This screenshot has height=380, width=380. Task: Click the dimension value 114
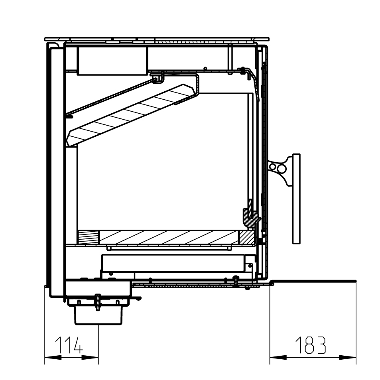[69, 345]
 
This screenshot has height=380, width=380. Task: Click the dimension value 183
[311, 345]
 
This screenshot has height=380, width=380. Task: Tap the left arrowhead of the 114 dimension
[53, 357]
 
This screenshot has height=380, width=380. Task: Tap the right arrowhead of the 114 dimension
[90, 357]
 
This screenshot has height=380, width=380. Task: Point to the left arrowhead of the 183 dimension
[278, 357]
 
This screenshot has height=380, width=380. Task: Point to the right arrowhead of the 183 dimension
[348, 357]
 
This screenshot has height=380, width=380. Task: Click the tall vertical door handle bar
[296, 199]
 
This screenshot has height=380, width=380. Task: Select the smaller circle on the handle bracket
[273, 167]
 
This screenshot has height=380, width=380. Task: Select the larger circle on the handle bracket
[282, 169]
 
